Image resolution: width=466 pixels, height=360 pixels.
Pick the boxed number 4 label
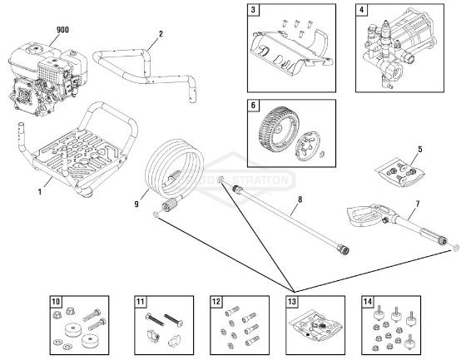[362, 11]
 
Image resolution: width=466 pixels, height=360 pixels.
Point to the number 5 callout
[419, 150]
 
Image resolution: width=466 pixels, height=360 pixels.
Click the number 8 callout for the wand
[299, 200]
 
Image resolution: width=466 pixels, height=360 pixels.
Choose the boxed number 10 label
[56, 302]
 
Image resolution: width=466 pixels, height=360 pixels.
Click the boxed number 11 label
[141, 302]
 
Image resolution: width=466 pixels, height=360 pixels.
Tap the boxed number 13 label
[290, 302]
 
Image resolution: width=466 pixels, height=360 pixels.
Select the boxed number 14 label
[369, 302]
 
